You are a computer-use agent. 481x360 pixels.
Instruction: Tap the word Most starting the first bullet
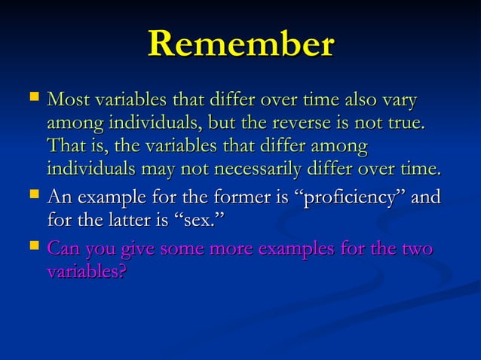click(66, 100)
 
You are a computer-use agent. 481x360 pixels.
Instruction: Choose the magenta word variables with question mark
click(86, 271)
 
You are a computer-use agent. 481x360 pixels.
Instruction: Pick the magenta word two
click(415, 249)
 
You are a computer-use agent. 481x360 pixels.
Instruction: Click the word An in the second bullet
click(59, 199)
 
